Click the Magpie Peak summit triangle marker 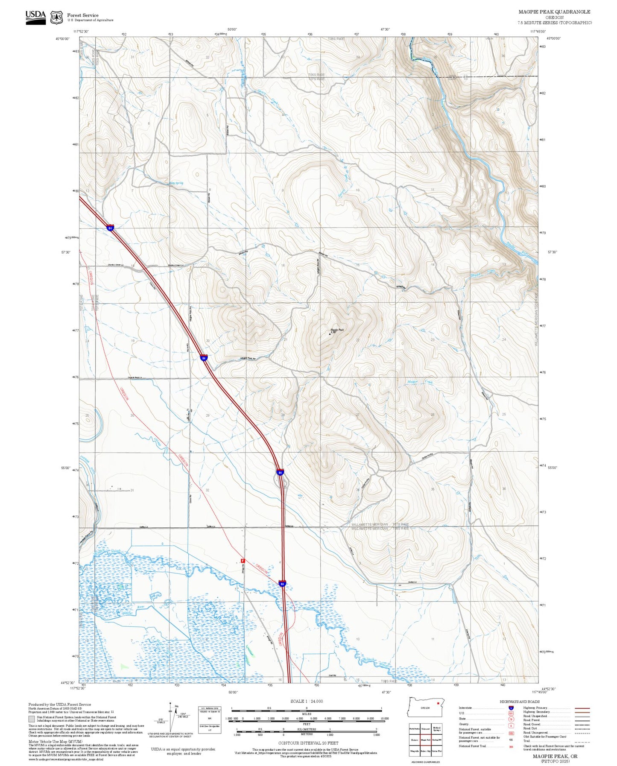330,334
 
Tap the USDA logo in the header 35,17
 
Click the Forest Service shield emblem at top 56,17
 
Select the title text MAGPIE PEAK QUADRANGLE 554,12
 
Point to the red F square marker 243,561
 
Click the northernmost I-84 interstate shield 111,228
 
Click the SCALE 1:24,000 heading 307,701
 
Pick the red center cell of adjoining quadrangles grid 425,740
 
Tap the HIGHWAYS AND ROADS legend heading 520,702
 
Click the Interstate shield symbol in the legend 511,708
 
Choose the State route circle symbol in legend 511,719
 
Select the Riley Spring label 176,183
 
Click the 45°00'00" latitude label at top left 63,39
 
